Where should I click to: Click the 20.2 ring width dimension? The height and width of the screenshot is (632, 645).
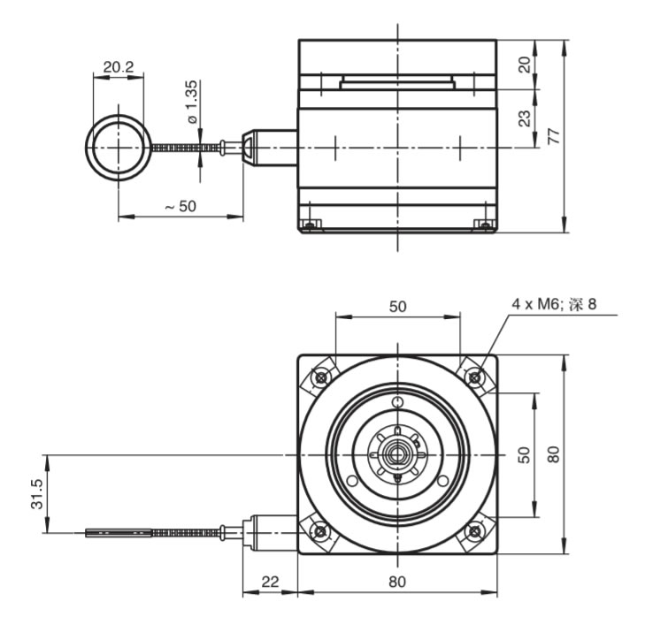click(119, 65)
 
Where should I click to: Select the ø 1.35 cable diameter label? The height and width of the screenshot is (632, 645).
click(192, 103)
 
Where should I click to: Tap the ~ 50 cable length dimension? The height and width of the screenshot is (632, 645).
click(180, 206)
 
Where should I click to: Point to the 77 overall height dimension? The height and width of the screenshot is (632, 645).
click(553, 136)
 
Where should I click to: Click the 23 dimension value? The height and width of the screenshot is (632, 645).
click(524, 117)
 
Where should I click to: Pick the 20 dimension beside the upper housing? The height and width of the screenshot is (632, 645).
click(524, 65)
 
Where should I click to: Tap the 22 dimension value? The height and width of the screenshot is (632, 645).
click(270, 581)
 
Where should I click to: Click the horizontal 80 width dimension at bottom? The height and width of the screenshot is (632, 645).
click(397, 581)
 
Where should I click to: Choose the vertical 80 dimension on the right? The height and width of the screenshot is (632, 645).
click(553, 454)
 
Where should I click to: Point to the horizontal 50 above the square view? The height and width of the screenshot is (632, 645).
click(397, 306)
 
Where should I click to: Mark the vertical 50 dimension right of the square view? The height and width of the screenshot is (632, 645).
click(523, 454)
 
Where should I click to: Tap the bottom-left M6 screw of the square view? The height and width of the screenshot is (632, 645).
click(319, 531)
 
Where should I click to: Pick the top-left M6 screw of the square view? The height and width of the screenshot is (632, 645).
click(319, 378)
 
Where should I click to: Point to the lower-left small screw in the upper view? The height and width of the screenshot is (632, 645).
click(309, 225)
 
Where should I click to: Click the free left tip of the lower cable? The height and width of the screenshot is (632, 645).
click(88, 533)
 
